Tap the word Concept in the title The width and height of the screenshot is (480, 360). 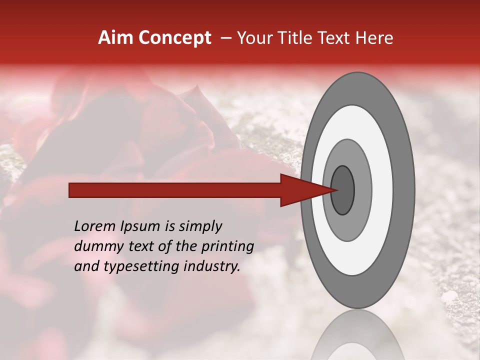coord(174,38)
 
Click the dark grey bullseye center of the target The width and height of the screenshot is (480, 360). coord(342,190)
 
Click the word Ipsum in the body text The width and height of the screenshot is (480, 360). coord(140,226)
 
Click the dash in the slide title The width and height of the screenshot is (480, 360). coord(225,38)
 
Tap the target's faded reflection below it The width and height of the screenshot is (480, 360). coord(357,335)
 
